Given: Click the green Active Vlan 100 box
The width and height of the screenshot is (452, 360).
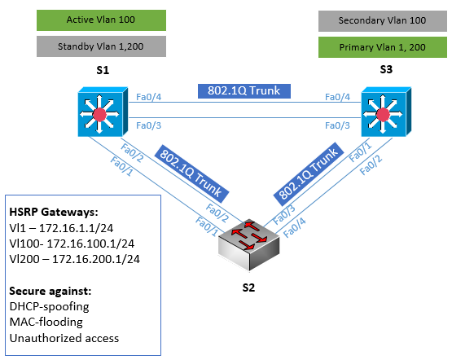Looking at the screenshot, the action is pos(101,20).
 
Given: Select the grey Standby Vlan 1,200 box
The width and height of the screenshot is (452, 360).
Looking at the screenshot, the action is pos(101,46).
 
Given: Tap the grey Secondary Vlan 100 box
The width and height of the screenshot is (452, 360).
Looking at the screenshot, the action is pos(383,21).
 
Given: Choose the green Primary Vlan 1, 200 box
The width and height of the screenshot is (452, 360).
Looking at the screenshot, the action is pos(383,47).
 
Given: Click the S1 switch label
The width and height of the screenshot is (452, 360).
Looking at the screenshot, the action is pos(103,70).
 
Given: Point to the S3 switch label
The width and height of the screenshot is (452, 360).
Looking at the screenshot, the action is pos(386,69).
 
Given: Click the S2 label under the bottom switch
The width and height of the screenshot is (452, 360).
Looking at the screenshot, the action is pos(248,288).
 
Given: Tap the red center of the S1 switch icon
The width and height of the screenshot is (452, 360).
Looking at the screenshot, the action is pos(99,114).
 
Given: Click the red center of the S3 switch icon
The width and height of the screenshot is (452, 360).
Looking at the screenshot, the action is pos(383,114).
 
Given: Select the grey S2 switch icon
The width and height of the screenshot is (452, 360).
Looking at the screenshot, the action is pos(249,246).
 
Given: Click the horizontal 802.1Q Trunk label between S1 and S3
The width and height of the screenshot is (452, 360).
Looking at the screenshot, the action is pos(244,90).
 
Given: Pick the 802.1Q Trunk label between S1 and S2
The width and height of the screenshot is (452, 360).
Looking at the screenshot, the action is pos(191,173).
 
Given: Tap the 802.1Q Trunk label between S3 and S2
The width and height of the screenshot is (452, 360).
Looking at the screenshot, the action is pos(309,174).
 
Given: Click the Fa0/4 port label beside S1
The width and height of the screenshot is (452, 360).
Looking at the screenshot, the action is pos(148,97).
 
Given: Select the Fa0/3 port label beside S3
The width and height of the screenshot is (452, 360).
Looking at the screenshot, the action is pos(337,125).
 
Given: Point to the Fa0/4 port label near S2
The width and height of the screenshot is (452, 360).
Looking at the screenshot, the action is pos(294,227).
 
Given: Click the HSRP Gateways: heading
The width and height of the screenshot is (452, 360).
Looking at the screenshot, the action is pos(54,212).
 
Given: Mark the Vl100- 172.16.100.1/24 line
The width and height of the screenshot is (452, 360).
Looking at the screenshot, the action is pos(72,244).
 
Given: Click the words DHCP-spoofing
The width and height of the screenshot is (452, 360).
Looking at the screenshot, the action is pos(50,307).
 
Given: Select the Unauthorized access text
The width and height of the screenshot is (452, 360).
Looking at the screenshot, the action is pos(64,338).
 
